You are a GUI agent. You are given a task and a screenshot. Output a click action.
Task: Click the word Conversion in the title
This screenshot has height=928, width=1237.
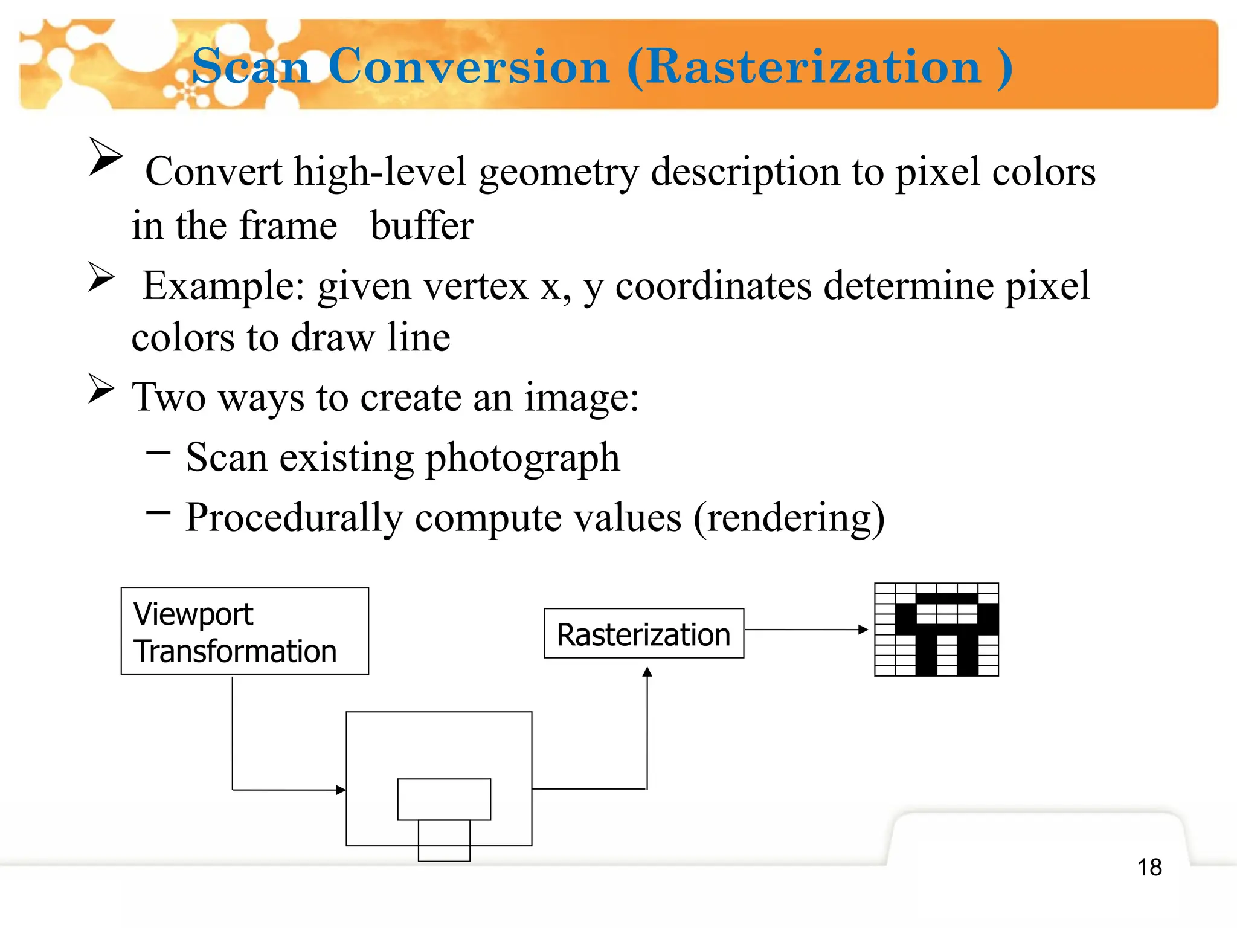(x=469, y=66)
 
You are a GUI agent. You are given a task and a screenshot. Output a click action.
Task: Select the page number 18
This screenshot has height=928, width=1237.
(x=1149, y=868)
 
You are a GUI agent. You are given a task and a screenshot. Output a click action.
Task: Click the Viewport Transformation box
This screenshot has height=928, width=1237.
(x=245, y=631)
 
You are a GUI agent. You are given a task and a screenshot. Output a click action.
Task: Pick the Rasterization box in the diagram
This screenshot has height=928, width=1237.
(x=644, y=634)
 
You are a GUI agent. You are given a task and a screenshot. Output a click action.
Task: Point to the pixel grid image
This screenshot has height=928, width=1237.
(x=936, y=630)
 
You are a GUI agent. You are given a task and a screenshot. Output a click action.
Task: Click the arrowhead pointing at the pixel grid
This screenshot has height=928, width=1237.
(x=864, y=630)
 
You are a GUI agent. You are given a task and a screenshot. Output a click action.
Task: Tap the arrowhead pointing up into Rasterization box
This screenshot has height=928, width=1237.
(x=647, y=672)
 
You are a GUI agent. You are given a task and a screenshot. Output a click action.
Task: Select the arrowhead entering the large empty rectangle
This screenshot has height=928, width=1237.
(x=341, y=790)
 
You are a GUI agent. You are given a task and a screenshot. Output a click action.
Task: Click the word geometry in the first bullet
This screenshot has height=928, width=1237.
(x=558, y=172)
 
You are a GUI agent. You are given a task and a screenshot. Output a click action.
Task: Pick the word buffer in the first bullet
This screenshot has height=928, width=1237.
(x=422, y=226)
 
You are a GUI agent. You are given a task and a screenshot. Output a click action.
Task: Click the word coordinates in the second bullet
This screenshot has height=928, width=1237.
(x=713, y=286)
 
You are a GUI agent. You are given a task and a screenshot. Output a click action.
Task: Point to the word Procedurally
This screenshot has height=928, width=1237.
(x=294, y=518)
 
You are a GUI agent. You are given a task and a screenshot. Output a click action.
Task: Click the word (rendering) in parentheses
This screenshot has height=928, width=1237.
(x=789, y=518)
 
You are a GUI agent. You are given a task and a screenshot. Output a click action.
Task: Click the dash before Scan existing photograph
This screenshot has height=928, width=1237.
(x=158, y=452)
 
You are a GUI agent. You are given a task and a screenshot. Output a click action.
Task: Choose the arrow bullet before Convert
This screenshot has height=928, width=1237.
(x=105, y=156)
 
